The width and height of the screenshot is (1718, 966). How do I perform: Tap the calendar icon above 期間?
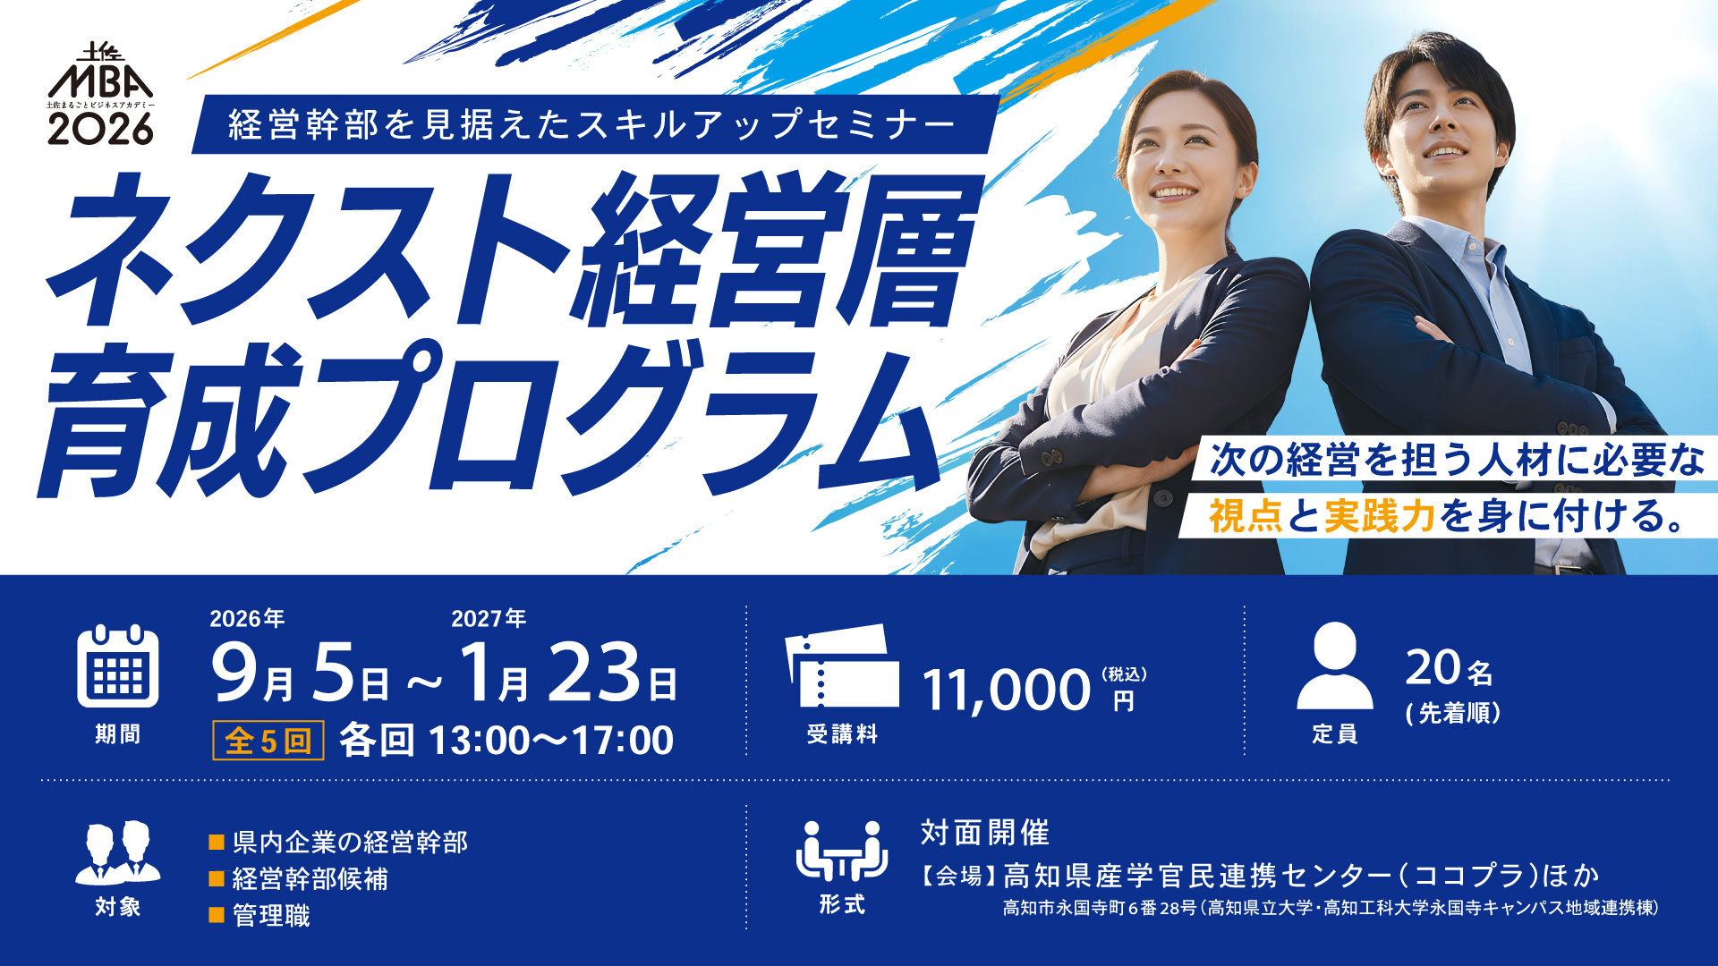(x=118, y=666)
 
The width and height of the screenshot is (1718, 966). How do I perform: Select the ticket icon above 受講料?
(x=841, y=665)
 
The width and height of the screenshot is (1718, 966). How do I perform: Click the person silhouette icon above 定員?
(x=1334, y=665)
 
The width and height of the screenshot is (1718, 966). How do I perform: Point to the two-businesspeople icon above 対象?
(x=118, y=852)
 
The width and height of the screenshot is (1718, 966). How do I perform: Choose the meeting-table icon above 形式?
(x=841, y=851)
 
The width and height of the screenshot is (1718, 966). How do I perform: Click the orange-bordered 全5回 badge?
(x=268, y=741)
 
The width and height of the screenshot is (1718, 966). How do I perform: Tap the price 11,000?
(x=1006, y=691)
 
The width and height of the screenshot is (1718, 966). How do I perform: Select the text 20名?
(x=1449, y=667)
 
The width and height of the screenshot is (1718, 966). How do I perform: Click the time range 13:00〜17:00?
(x=551, y=741)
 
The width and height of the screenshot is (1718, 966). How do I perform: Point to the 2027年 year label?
(x=489, y=618)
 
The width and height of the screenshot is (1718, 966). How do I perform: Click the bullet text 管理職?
(x=271, y=916)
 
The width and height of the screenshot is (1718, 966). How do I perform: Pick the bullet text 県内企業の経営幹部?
(x=350, y=842)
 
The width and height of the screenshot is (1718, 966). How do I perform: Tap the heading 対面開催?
(x=985, y=833)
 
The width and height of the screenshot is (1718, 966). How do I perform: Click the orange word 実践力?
(x=1380, y=516)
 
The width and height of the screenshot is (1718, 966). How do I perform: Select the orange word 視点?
(x=1246, y=516)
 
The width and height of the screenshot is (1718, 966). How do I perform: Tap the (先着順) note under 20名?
(x=1453, y=713)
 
